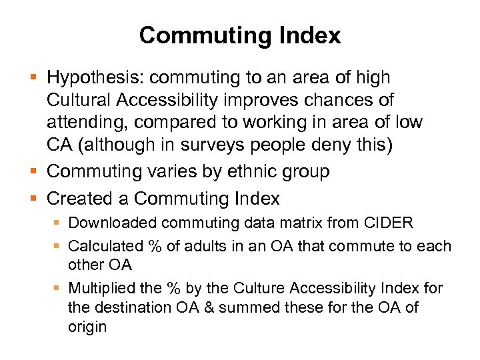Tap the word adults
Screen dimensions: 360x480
click(203, 246)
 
